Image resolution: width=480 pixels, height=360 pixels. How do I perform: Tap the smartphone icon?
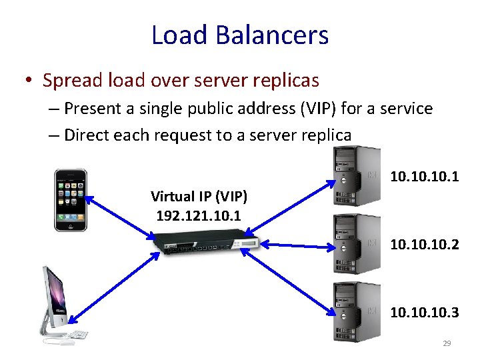[x=70, y=199]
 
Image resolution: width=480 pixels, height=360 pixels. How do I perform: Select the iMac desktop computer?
[x=58, y=303]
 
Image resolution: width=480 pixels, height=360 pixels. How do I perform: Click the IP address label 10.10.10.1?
[x=424, y=177]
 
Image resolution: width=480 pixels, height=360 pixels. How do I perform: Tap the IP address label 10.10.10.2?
[x=424, y=245]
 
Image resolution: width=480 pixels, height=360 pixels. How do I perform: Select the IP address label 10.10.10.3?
[x=424, y=311]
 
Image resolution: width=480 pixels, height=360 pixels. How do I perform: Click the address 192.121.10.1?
[x=198, y=216]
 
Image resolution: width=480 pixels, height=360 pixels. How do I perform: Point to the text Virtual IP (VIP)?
[x=199, y=197]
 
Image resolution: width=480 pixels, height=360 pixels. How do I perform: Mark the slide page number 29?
[x=447, y=343]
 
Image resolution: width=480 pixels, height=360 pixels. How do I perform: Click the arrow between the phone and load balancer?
[x=120, y=217]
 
